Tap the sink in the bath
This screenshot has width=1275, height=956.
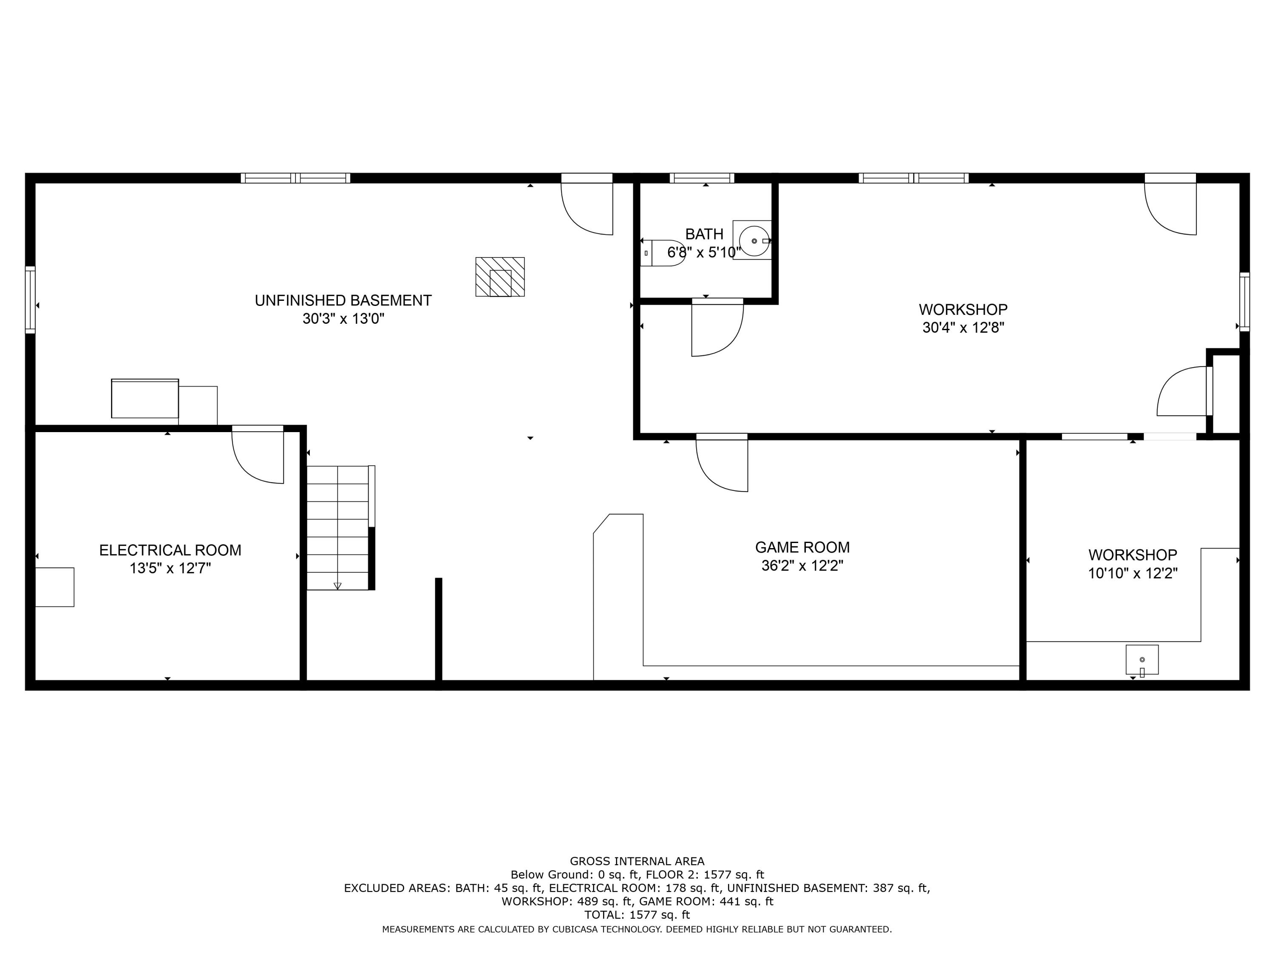754,240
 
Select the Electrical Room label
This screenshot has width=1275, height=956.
170,550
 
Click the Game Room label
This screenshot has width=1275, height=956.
802,547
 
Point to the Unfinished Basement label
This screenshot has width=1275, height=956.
343,300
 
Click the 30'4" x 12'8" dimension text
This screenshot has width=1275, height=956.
963,328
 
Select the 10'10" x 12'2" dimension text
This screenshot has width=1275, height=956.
1132,573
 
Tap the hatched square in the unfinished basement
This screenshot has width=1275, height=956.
500,277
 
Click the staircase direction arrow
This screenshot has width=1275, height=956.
337,585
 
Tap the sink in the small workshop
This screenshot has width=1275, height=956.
1142,660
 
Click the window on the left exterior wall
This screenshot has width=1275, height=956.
30,300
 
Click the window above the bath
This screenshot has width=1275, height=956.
702,178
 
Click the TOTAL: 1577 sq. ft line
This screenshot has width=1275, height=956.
637,914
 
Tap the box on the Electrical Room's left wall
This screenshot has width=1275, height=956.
55,587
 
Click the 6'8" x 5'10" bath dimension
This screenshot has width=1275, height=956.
704,252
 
